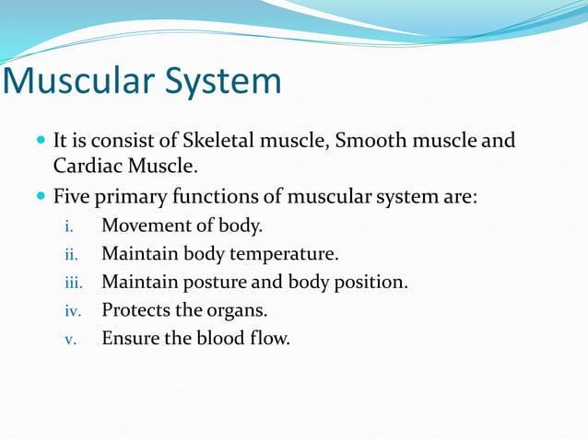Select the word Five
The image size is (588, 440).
tap(71, 197)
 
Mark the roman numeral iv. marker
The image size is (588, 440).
tap(71, 310)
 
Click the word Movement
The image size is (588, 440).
tap(143, 226)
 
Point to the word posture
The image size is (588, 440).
tap(210, 283)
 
